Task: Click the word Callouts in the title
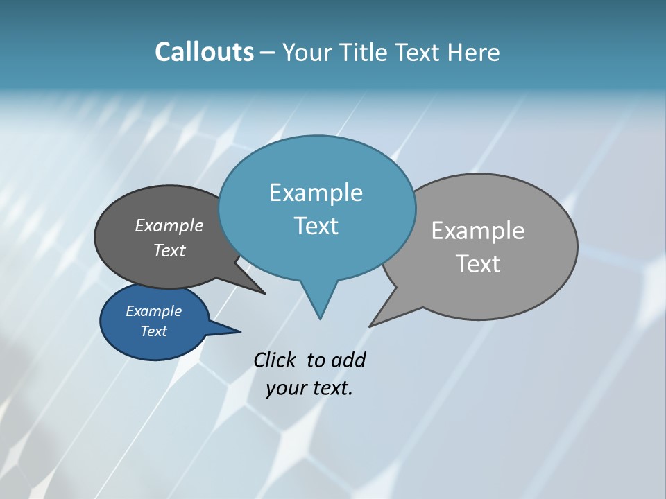tap(204, 52)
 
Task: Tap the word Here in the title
tap(474, 53)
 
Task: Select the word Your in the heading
tap(309, 53)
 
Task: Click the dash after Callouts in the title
tap(268, 53)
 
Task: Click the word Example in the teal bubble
tap(316, 193)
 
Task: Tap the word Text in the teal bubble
tap(316, 226)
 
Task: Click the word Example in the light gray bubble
tap(477, 231)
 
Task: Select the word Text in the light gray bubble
tap(477, 264)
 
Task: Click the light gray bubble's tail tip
tap(371, 325)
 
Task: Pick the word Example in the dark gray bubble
tap(169, 225)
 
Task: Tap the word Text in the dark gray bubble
tap(169, 251)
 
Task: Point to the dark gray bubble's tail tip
tap(264, 293)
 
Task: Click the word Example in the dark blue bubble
tap(153, 311)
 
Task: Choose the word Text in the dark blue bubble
tap(153, 331)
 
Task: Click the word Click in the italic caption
tap(275, 360)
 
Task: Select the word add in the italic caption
tap(348, 360)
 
